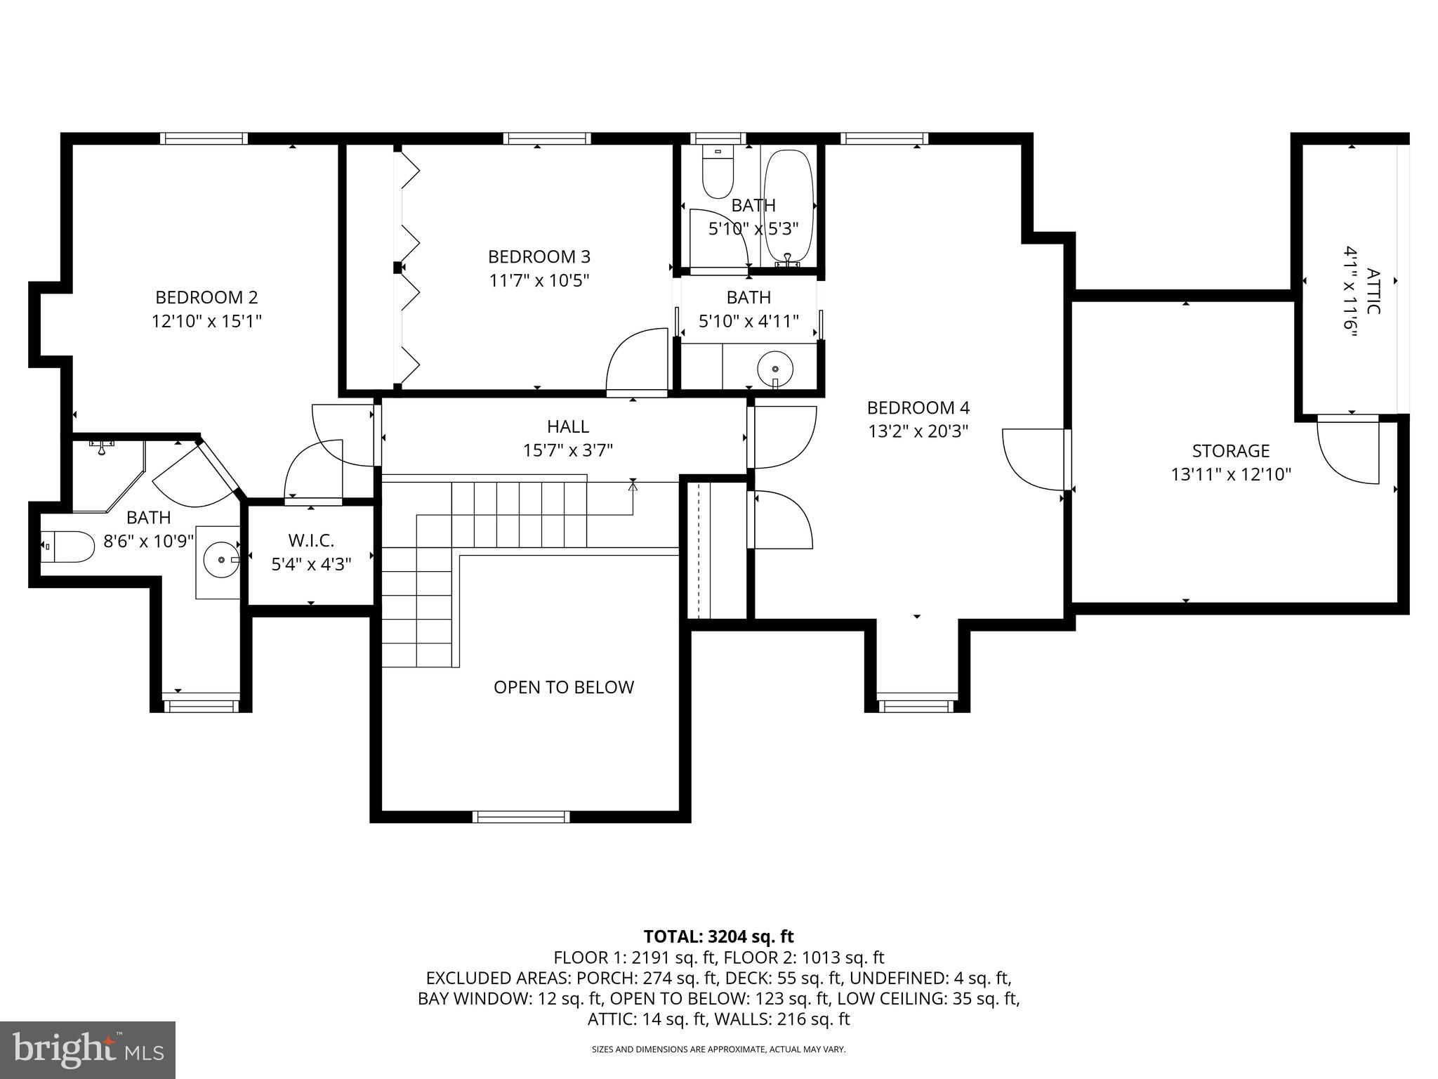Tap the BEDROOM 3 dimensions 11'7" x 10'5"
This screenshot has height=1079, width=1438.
[x=539, y=280]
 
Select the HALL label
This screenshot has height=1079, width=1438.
[x=567, y=426]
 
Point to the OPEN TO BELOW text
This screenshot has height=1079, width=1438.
[x=563, y=687]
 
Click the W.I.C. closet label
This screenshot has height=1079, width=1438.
[x=311, y=540]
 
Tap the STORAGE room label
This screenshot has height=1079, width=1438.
[x=1230, y=450]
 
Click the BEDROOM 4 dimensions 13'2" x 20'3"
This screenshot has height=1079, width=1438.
[x=918, y=431]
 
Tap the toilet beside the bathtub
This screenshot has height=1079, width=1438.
[x=717, y=172]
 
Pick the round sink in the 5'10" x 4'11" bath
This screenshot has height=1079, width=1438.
[x=774, y=368]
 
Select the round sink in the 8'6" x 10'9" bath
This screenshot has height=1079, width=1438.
[x=221, y=559]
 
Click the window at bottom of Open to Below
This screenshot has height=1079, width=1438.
[x=520, y=816]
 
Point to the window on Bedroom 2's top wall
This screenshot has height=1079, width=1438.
[x=204, y=138]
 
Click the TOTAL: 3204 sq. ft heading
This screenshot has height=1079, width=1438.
[x=718, y=936]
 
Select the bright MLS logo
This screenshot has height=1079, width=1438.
[x=88, y=1049]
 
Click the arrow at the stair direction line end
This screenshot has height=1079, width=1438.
[x=633, y=483]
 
